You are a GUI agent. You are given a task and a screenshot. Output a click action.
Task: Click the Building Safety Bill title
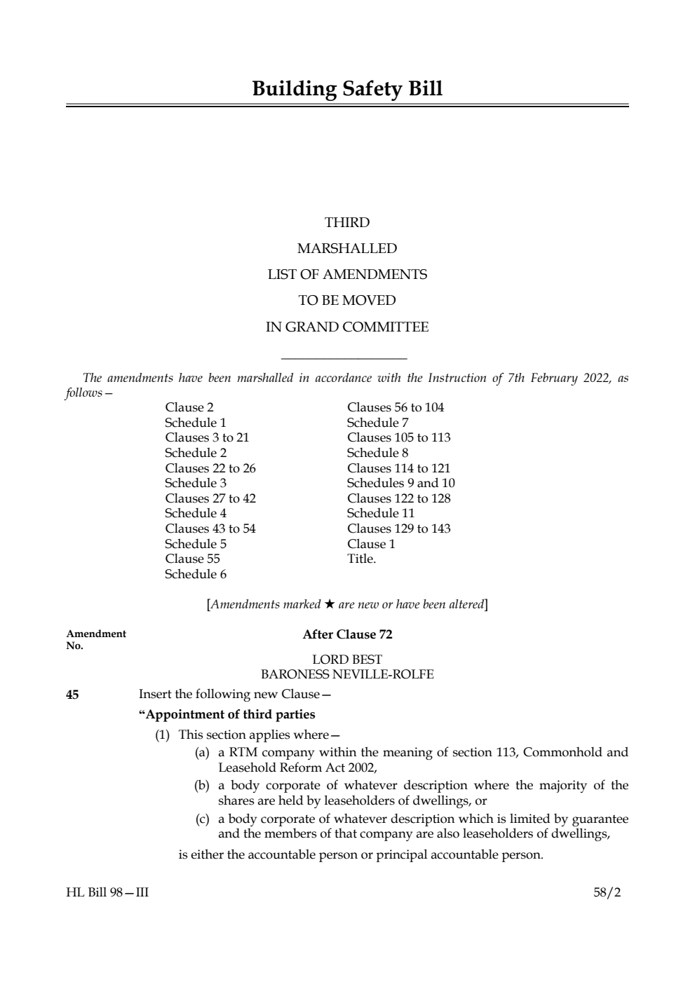[x=347, y=89]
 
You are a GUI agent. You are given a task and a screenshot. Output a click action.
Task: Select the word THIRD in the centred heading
[x=347, y=223]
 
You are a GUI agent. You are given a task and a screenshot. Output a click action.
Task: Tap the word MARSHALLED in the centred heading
[x=347, y=249]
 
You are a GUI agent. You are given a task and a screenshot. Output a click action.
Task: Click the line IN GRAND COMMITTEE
[x=347, y=327]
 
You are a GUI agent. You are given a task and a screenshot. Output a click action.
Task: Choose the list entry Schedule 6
[x=196, y=575]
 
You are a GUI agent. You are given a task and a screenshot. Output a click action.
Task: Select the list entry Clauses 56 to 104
[x=396, y=408]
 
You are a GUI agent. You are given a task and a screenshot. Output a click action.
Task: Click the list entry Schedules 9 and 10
[x=400, y=483]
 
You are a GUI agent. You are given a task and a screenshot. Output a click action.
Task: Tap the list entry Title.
[x=361, y=559]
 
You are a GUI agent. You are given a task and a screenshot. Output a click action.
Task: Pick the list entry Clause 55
[x=192, y=559]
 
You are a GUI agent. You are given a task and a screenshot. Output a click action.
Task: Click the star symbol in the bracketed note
[x=329, y=604]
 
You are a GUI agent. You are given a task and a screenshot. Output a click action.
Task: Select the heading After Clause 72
[x=347, y=635]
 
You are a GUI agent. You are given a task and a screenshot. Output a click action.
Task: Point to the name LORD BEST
[x=347, y=660]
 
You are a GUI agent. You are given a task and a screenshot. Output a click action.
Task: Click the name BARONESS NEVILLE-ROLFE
[x=347, y=675]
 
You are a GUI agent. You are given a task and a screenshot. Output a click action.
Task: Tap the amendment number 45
[x=72, y=695]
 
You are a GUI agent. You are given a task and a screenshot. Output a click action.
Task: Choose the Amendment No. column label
[x=96, y=639]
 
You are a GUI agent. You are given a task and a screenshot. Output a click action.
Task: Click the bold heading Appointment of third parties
[x=227, y=715]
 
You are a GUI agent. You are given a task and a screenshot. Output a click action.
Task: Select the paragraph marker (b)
[x=202, y=786]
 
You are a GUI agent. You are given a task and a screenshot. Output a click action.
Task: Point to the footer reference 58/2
[x=607, y=893]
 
